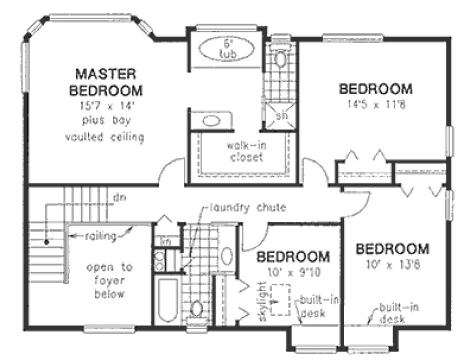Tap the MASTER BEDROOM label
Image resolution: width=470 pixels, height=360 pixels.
click(x=108, y=80)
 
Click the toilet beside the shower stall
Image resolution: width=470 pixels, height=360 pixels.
click(x=280, y=58)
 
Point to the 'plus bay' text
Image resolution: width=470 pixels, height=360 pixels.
click(x=108, y=119)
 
